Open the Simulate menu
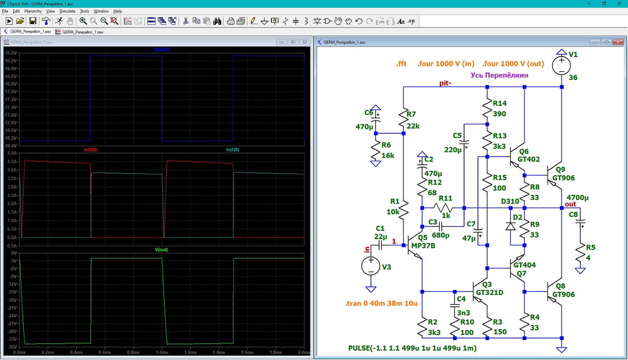tap(67, 11)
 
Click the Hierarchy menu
tap(33, 11)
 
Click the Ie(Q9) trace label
tap(90, 150)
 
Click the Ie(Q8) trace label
tap(232, 150)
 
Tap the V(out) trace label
tap(161, 250)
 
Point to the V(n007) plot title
tap(162, 50)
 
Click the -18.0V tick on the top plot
tap(11, 130)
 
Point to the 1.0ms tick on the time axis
tap(162, 352)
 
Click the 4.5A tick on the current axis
tap(12, 162)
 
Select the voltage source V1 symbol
tap(561, 65)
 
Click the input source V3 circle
tap(371, 266)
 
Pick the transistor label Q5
tap(423, 238)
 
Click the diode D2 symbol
tap(511, 226)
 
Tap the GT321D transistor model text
tap(489, 292)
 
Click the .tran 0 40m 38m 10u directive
tap(381, 303)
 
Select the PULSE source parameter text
tap(413, 348)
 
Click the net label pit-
tap(445, 83)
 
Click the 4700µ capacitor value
tap(578, 198)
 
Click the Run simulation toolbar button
tap(9, 21)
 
